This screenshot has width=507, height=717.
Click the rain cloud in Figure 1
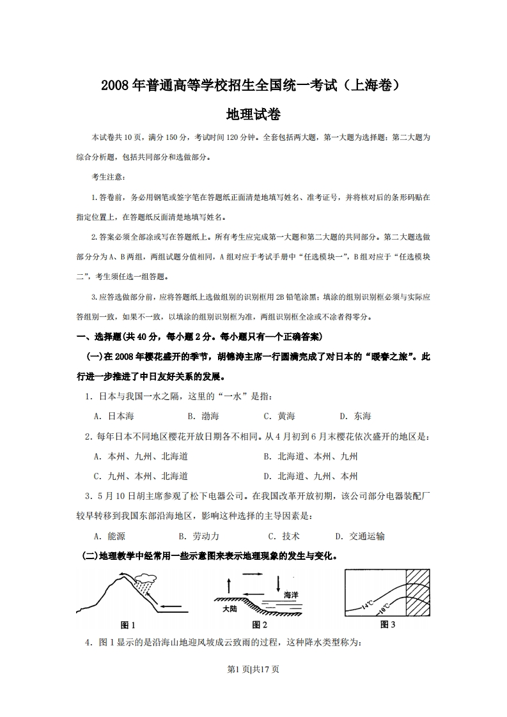click(146, 582)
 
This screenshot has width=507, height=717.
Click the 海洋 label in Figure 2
click(291, 594)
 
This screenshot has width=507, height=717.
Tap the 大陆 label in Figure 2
click(230, 609)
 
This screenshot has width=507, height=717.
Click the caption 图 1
click(128, 624)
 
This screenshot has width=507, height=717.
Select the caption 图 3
click(387, 624)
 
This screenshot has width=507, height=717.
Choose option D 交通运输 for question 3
click(360, 536)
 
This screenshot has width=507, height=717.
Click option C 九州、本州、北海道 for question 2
click(140, 476)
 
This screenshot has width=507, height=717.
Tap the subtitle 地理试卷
click(253, 114)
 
